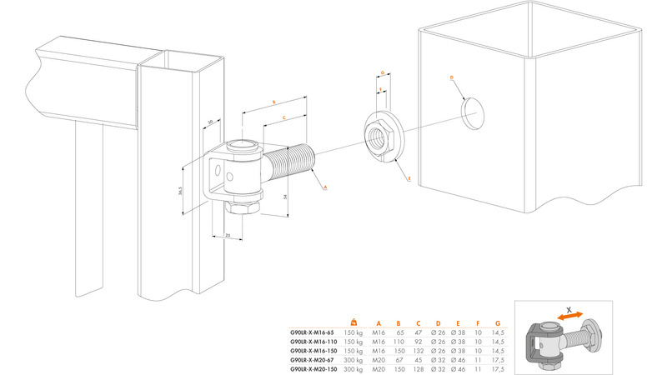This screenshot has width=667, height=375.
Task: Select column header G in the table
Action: click(499, 323)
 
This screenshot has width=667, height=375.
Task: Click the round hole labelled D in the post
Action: click(472, 112)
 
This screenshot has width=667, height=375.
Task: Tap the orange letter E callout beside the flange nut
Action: click(409, 178)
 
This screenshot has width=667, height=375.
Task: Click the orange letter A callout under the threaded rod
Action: click(324, 189)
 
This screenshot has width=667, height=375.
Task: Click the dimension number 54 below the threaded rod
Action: click(284, 196)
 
